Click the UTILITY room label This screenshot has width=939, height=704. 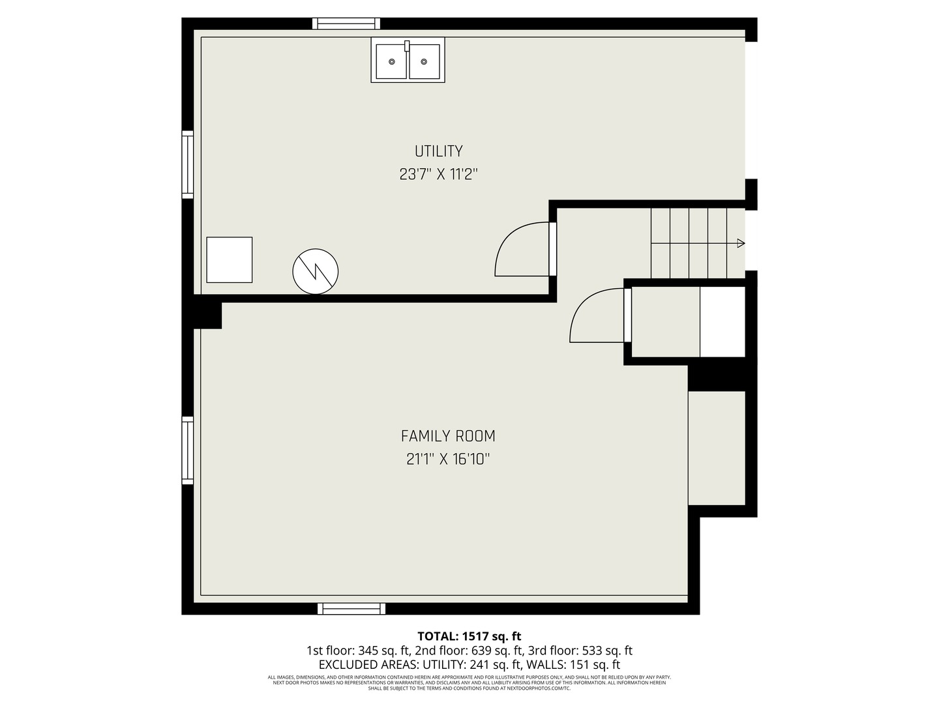(438, 151)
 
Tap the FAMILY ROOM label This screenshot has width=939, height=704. (448, 436)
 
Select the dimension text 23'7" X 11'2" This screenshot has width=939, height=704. (438, 175)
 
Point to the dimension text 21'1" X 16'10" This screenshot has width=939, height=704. (448, 460)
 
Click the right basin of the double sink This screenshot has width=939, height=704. (424, 61)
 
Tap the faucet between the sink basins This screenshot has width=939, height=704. (407, 46)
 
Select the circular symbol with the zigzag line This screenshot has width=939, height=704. (315, 271)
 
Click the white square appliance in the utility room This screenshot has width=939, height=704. (230, 260)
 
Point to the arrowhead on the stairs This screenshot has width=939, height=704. (741, 244)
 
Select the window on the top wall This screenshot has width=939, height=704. (346, 23)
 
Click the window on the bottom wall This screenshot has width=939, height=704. (351, 609)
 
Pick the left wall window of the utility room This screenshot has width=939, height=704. (188, 164)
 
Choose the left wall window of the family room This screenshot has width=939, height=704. (188, 450)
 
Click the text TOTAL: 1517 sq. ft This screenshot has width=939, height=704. (469, 636)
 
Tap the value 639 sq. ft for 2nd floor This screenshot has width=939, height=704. (498, 651)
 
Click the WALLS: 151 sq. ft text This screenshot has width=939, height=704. (573, 665)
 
